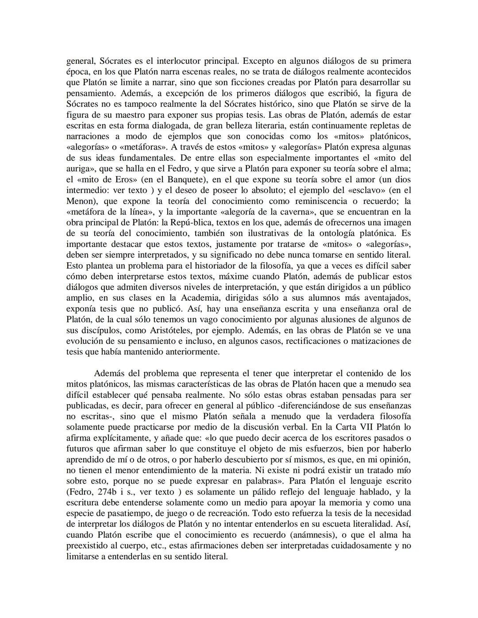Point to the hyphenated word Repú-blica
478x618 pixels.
(188, 223)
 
